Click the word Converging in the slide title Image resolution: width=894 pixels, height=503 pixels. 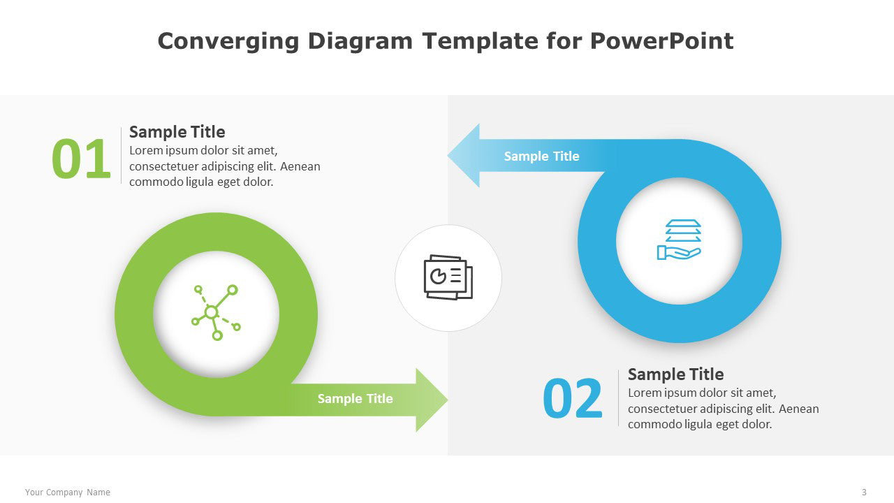[x=228, y=42]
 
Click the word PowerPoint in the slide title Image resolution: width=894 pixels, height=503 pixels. [x=661, y=41]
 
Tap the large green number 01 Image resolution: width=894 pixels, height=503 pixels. [x=81, y=159]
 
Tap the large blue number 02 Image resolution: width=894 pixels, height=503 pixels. [x=572, y=398]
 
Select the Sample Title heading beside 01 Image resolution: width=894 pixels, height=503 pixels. [x=177, y=132]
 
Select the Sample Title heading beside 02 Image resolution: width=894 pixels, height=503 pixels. [x=675, y=374]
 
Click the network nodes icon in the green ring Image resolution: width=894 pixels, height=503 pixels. [x=216, y=312]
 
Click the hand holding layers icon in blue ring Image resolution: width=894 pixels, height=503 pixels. [x=679, y=240]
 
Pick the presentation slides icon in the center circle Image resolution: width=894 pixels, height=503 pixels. [x=448, y=277]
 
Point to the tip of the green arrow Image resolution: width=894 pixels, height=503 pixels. [x=448, y=400]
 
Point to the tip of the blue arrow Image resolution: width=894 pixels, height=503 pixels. [x=448, y=156]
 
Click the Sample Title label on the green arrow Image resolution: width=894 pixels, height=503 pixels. [x=356, y=398]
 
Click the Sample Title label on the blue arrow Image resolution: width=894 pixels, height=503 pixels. [x=541, y=156]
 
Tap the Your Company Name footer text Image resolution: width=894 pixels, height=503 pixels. [x=68, y=493]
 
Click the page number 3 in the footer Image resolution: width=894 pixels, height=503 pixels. [x=864, y=493]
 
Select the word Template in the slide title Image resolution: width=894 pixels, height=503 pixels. [x=481, y=41]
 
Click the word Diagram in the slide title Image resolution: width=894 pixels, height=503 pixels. [x=360, y=42]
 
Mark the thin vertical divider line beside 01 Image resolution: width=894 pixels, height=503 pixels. [x=121, y=155]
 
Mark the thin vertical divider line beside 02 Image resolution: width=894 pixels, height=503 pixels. [x=619, y=398]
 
